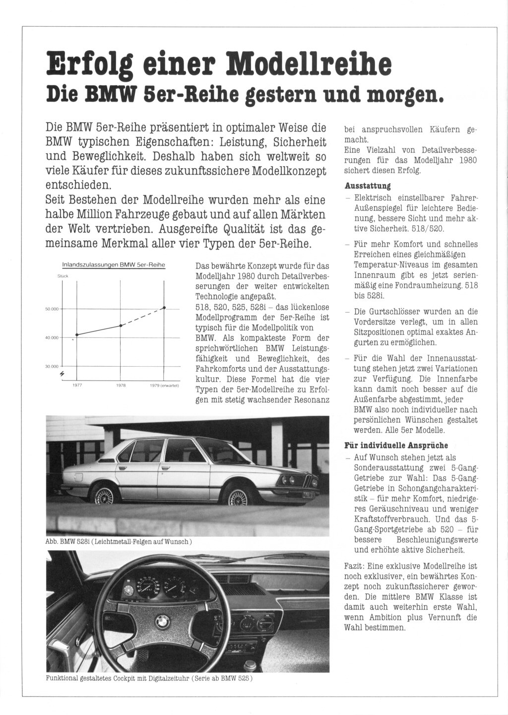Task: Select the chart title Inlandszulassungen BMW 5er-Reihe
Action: click(113, 265)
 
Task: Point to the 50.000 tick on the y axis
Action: click(52, 309)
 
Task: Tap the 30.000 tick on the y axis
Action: click(52, 366)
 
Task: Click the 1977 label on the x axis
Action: click(77, 385)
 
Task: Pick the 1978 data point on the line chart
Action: click(121, 325)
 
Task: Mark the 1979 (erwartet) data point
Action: click(164, 308)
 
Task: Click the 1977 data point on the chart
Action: click(77, 335)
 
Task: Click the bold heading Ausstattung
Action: click(368, 186)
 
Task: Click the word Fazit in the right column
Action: click(355, 566)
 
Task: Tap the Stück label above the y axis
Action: click(63, 276)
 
